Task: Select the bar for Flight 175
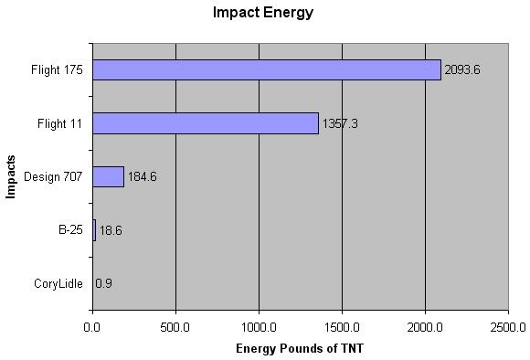click(266, 69)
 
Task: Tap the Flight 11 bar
click(205, 122)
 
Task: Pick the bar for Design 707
click(108, 176)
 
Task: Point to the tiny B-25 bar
click(94, 230)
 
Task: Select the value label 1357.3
click(340, 123)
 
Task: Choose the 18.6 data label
click(111, 231)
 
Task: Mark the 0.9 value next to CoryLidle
click(104, 284)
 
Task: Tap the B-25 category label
click(70, 230)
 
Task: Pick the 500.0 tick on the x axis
click(175, 326)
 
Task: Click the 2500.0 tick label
click(507, 326)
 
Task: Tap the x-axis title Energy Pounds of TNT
click(298, 348)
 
